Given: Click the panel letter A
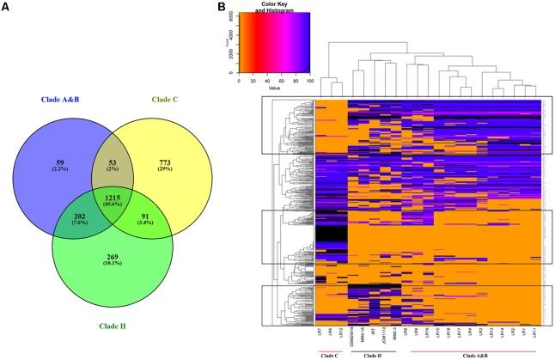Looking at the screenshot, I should tap(6, 8).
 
